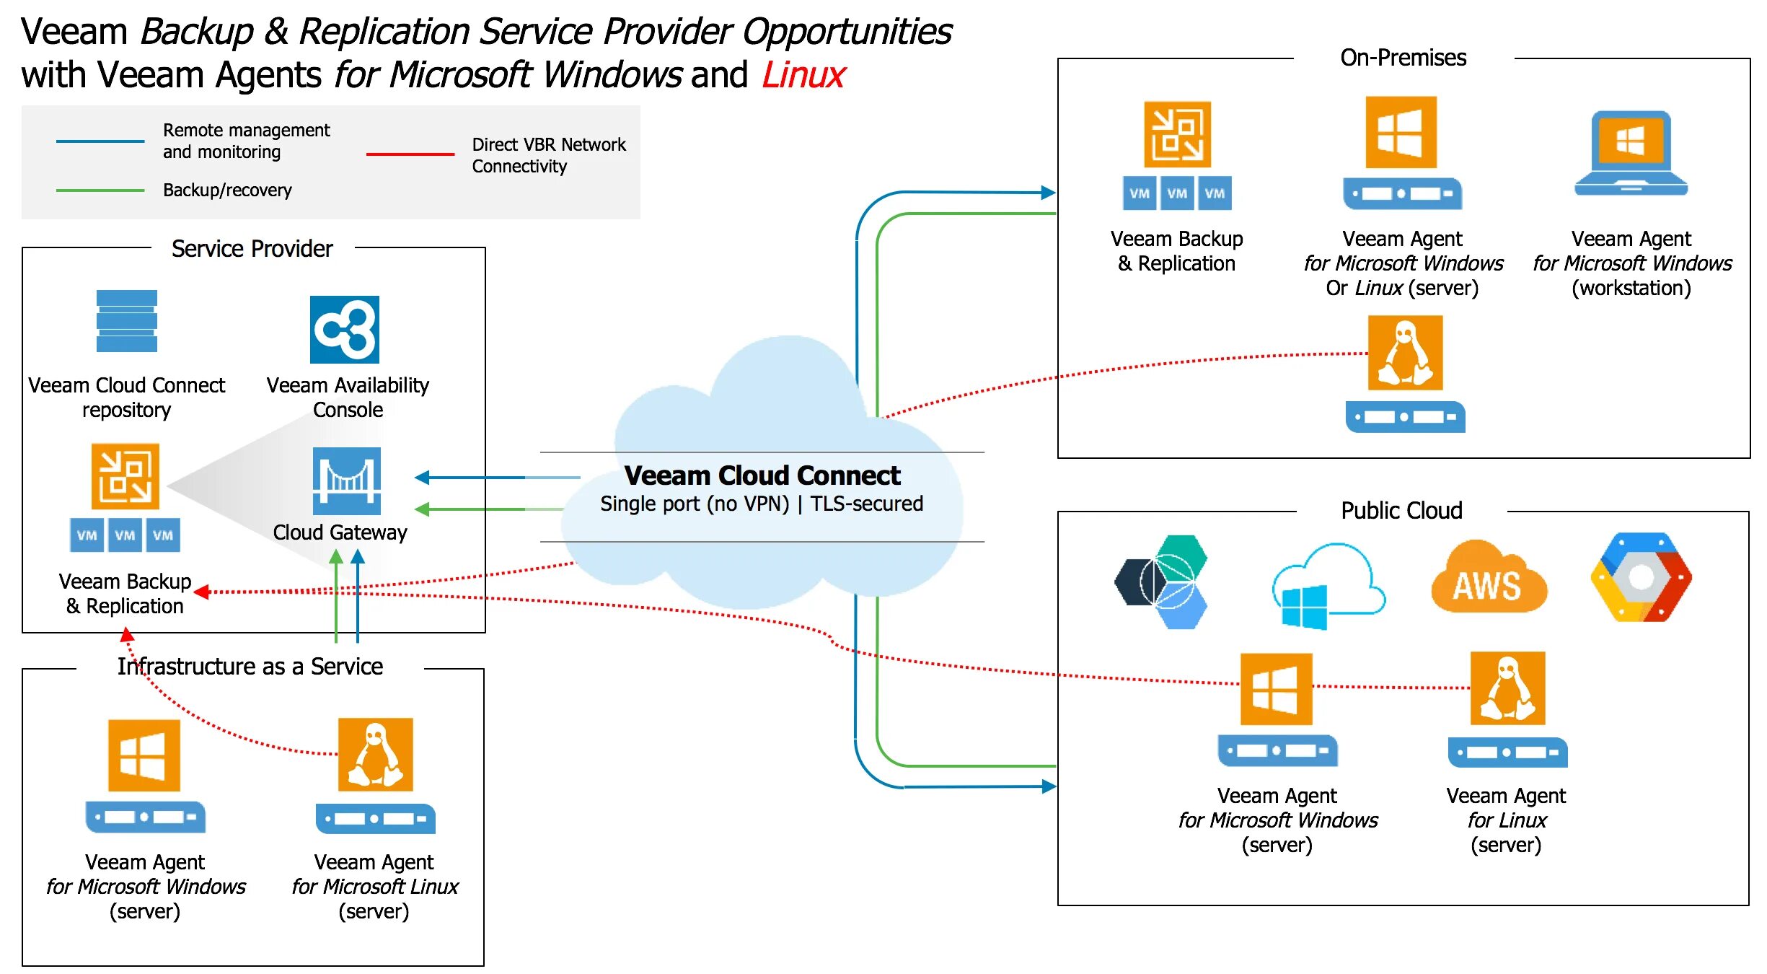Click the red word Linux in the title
(803, 75)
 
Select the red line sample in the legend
(410, 154)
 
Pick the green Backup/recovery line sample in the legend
(100, 190)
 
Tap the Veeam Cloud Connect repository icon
(126, 321)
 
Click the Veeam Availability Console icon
(344, 330)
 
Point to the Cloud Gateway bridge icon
(346, 481)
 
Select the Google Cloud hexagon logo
(1641, 577)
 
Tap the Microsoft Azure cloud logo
(1325, 586)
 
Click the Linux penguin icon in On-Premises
(1405, 354)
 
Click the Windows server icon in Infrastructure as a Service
(144, 755)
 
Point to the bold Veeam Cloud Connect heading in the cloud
(762, 475)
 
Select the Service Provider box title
(252, 249)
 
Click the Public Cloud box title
(1401, 511)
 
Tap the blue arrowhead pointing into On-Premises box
(1048, 193)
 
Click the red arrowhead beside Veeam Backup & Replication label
(202, 592)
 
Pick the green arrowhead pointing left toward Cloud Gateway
(423, 509)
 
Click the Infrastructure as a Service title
(250, 666)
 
